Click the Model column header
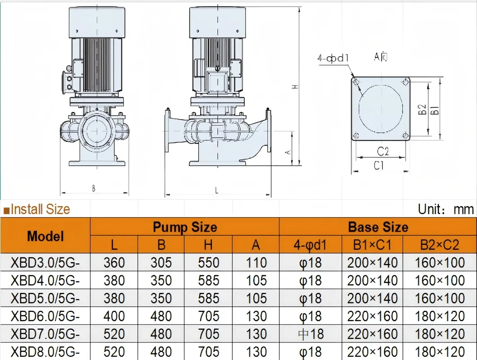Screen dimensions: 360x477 (45, 236)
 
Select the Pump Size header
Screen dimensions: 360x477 (184, 227)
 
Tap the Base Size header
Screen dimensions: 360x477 (378, 227)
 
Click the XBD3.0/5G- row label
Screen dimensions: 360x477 (45, 262)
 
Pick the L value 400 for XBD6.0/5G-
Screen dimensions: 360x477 (114, 316)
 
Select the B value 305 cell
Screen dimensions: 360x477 (161, 262)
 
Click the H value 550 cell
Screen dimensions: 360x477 (208, 262)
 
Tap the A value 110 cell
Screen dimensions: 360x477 (256, 262)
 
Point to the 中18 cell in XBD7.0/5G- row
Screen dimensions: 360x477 (310, 334)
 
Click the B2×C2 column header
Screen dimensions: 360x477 (439, 245)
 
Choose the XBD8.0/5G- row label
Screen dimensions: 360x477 (45, 351)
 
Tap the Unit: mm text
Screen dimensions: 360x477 (445, 209)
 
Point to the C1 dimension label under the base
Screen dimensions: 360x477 (379, 166)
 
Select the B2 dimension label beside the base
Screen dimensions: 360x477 (422, 109)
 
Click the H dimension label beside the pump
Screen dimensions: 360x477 (295, 86)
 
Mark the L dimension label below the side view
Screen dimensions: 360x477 (216, 190)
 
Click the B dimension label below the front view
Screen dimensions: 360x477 (94, 189)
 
